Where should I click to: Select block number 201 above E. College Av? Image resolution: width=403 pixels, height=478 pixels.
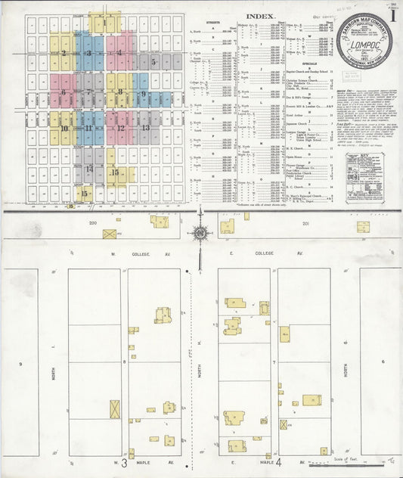(306, 224)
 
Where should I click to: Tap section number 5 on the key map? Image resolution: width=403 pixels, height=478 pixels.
(153, 62)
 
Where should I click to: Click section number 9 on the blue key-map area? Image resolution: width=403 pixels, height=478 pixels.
(143, 95)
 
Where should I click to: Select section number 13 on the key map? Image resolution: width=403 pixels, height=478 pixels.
(145, 128)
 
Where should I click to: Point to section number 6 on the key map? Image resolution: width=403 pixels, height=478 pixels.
(64, 93)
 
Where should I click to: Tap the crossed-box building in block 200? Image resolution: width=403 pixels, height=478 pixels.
(109, 234)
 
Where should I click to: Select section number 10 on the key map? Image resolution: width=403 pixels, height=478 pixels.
(64, 129)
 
